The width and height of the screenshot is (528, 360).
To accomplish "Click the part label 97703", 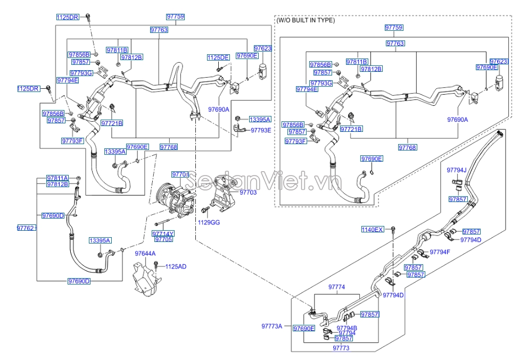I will coord(248,192).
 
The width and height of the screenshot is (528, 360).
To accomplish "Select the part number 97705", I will coord(163,239).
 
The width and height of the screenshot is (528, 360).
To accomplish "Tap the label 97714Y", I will coord(163,233).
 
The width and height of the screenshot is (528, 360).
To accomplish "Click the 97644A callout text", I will coord(145,254).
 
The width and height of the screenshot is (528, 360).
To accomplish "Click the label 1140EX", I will coord(373,229).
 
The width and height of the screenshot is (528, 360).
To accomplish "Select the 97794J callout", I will coord(456,170).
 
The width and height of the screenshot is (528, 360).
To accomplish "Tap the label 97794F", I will coord(440,252).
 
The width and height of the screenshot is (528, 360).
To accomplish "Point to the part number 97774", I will coord(336,287).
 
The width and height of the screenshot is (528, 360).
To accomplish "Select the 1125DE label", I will coord(218,57).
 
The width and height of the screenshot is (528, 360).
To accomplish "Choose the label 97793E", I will coord(261,130).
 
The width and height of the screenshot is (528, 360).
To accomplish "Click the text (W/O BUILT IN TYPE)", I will coord(306,20).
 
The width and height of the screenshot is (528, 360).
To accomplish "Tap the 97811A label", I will coord(57,178).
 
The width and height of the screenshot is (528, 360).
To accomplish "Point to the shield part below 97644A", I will coord(145,279).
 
